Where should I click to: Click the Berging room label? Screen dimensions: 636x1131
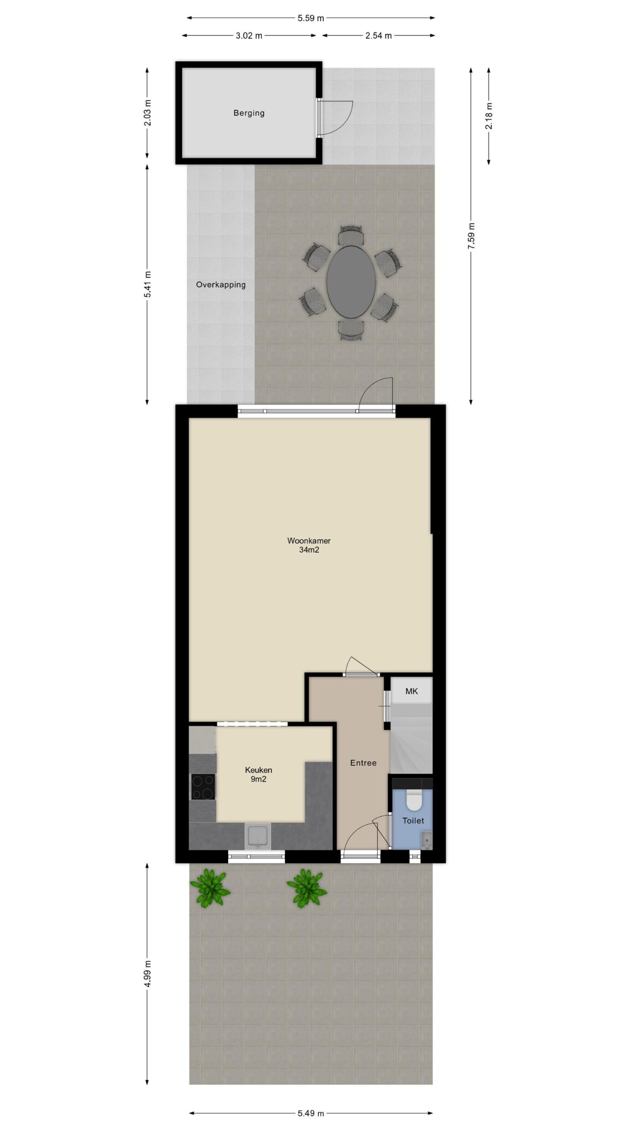tap(249, 113)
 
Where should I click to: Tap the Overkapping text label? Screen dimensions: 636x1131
tap(221, 285)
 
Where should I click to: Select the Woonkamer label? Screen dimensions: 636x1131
tap(309, 541)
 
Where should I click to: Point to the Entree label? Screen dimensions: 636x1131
tap(363, 763)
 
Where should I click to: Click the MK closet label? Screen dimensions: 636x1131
tap(412, 691)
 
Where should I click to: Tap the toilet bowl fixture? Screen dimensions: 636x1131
tap(414, 801)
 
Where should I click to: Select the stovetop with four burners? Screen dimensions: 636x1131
tap(203, 786)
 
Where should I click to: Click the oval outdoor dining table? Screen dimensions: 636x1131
tap(351, 281)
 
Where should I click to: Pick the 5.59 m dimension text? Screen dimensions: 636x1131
tap(310, 18)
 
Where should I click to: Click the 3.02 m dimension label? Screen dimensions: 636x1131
tap(249, 36)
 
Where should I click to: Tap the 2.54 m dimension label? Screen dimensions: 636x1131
tap(378, 36)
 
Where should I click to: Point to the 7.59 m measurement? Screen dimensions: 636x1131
tap(471, 235)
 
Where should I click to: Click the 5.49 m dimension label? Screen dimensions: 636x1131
tap(310, 1110)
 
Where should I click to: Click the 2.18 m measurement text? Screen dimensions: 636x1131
tap(489, 116)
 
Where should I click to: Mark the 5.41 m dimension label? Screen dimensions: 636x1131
tap(148, 284)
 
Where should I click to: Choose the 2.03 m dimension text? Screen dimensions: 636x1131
tap(148, 113)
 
